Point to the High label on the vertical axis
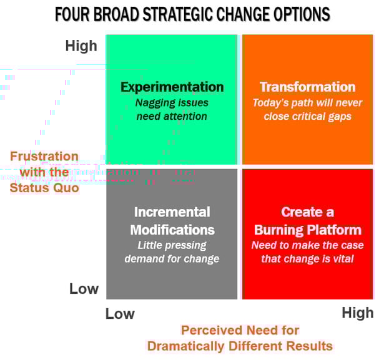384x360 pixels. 81,46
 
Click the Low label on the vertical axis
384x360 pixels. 84,289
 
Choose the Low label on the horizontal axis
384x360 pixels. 119,313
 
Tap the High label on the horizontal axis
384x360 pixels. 357,313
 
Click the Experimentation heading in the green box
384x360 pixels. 172,87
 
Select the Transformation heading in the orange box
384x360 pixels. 307,87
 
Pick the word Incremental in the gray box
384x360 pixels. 172,212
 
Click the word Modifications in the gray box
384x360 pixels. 172,229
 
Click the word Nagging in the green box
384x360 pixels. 154,102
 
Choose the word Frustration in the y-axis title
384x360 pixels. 44,156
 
